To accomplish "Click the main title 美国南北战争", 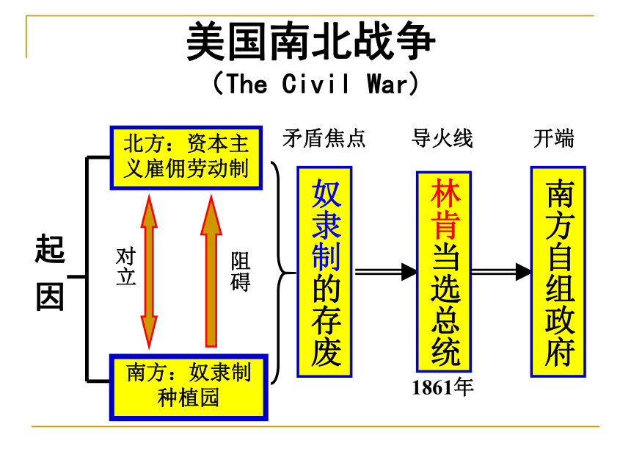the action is pos(311,41).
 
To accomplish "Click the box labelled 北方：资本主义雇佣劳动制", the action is pos(186,157).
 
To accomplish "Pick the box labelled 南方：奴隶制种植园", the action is pos(189,387).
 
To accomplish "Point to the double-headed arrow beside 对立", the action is pos(149,272).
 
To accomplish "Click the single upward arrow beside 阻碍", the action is pos(211,271).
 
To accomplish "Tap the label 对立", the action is pos(125,267).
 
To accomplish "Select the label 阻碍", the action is pos(240,271).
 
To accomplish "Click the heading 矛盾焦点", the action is pos(324,139).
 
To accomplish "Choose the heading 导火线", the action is pos(442,139).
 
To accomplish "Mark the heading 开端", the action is pos(553,139).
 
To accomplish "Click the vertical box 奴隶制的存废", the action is pos(325,272).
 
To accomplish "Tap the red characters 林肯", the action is pos(445,209).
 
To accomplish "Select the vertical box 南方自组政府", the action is pos(558,272).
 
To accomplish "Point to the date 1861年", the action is pos(442,387).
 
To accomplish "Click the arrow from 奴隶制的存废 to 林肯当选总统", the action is pos(385,272).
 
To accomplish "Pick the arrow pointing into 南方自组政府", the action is pos(500,272).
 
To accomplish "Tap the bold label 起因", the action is pos(50,273).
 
